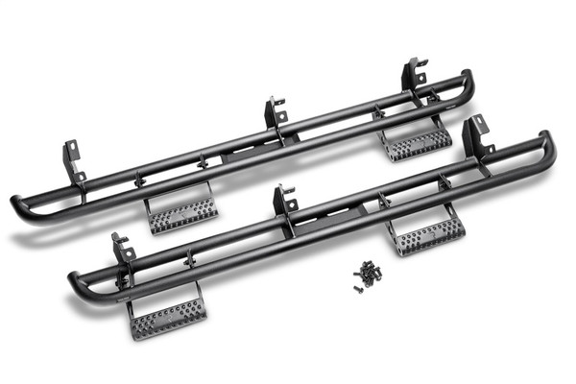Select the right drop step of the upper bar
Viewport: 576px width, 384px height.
click(x=416, y=143)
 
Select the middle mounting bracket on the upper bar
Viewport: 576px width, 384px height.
click(x=276, y=112)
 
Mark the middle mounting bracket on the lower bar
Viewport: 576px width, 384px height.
click(x=284, y=201)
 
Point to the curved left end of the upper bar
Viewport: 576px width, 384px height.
click(x=19, y=209)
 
